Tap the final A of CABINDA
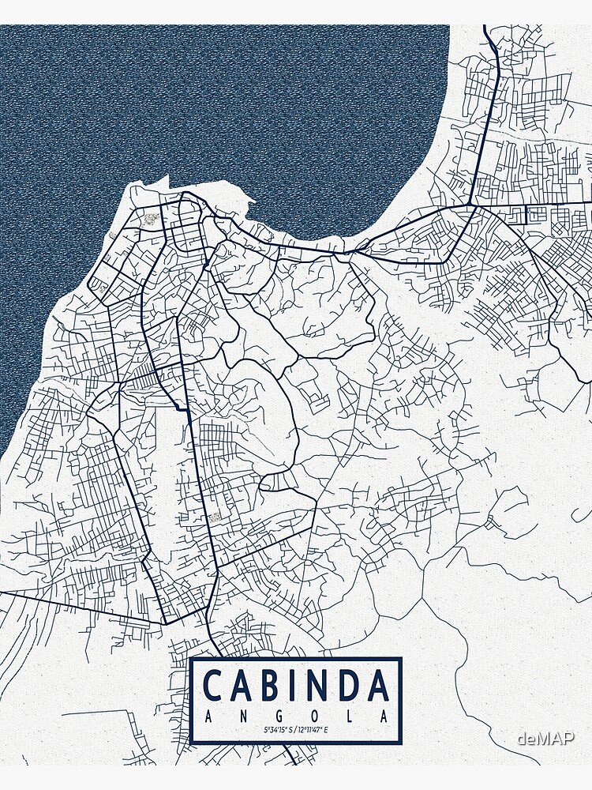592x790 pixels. pyautogui.click(x=379, y=685)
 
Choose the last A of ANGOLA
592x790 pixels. pyautogui.click(x=384, y=716)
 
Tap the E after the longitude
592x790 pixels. pyautogui.click(x=327, y=731)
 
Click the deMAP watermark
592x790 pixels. pyautogui.click(x=545, y=738)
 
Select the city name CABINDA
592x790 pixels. pyautogui.click(x=296, y=685)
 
